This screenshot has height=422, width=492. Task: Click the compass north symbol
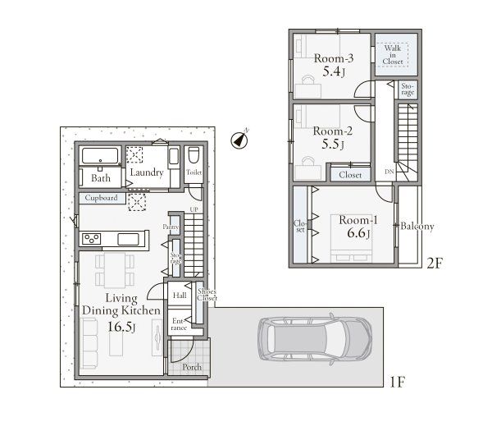click(239, 140)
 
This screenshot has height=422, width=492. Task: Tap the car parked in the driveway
click(315, 339)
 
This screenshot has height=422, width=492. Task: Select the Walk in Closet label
click(393, 55)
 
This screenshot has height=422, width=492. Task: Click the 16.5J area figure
click(121, 327)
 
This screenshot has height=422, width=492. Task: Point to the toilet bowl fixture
click(194, 155)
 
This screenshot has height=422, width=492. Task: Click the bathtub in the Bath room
click(100, 156)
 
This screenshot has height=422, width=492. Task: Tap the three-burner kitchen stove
click(91, 239)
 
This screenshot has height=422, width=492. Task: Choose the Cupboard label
click(102, 198)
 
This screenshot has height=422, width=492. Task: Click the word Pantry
click(171, 227)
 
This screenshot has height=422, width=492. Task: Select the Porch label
click(192, 367)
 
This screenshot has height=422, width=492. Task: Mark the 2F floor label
click(435, 264)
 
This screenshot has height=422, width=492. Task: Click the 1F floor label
click(397, 382)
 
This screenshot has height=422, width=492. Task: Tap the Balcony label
click(417, 227)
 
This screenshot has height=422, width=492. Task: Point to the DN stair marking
click(389, 172)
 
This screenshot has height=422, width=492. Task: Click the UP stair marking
click(194, 209)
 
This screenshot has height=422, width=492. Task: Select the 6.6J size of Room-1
click(358, 233)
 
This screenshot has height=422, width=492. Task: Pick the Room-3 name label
click(334, 58)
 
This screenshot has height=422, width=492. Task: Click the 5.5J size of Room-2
click(333, 144)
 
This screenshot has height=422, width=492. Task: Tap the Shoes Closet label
click(207, 295)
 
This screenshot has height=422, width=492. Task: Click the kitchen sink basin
click(128, 240)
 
